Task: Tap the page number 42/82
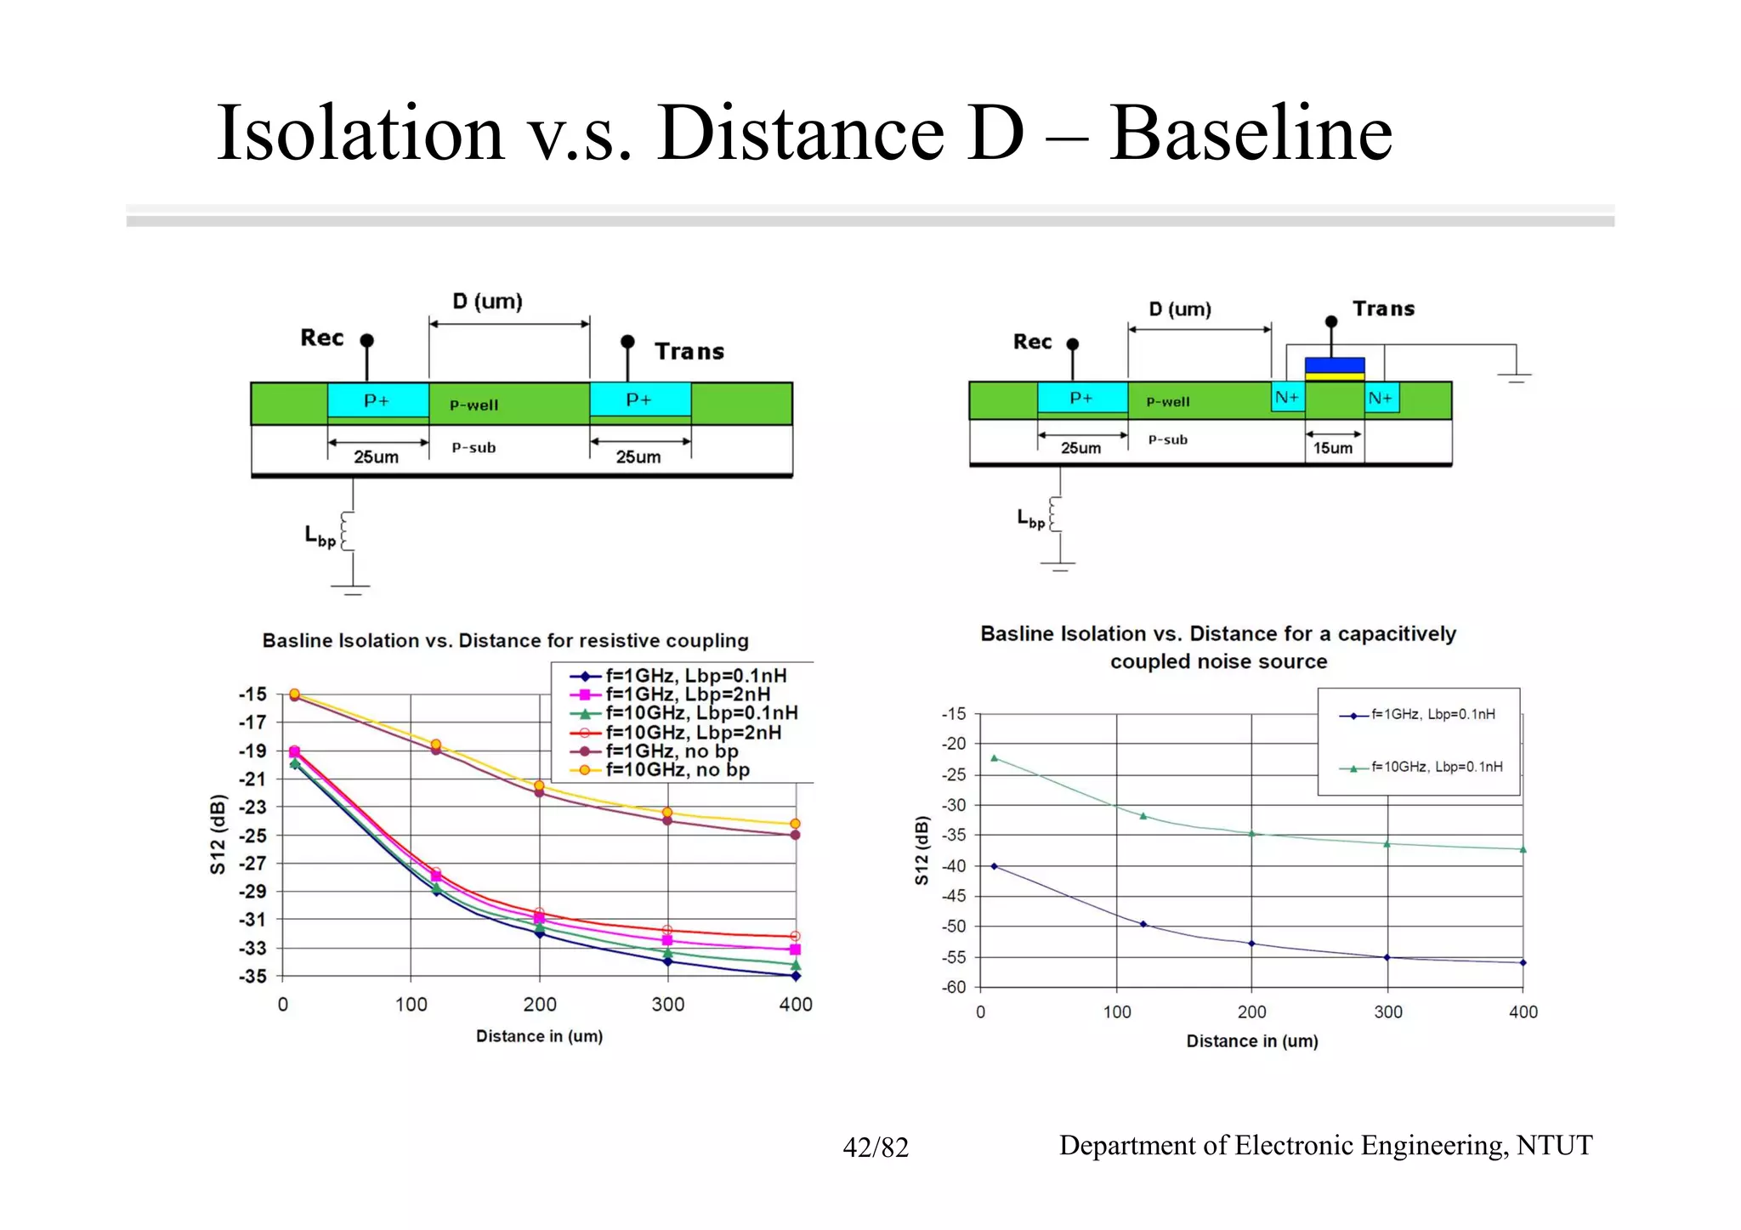[x=875, y=1148]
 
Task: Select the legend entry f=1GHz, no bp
[x=671, y=751]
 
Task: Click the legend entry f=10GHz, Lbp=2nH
[x=692, y=733]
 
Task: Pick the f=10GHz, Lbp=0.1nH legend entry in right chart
[x=1436, y=767]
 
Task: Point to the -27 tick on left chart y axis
[x=252, y=864]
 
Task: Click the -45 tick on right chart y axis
[x=954, y=896]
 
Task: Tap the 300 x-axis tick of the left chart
[x=667, y=1005]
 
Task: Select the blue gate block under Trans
[x=1335, y=365]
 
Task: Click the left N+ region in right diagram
[x=1287, y=398]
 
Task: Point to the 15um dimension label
[x=1332, y=448]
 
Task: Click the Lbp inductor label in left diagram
[x=320, y=536]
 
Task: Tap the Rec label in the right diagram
[x=1032, y=342]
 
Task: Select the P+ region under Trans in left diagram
[x=639, y=400]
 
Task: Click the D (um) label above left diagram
[x=487, y=302]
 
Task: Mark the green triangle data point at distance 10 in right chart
[x=995, y=758]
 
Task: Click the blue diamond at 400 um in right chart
[x=1523, y=963]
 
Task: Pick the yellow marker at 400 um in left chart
[x=795, y=824]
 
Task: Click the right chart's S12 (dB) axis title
[x=922, y=851]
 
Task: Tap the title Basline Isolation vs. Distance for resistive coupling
[x=505, y=641]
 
